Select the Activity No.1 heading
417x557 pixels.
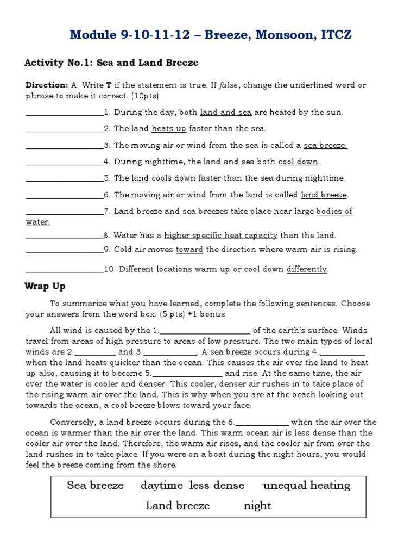[x=111, y=63]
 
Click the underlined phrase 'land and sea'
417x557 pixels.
[x=226, y=113]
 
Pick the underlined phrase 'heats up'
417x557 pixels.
[x=169, y=129]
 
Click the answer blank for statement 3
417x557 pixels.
[x=65, y=146]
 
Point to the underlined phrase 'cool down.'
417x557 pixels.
[x=300, y=162]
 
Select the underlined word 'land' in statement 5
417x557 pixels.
[x=140, y=178]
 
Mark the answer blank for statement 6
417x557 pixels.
[x=65, y=195]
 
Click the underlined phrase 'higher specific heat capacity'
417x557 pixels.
[x=221, y=236]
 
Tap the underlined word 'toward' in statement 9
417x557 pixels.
[x=189, y=250]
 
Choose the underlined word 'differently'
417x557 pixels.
[x=307, y=269]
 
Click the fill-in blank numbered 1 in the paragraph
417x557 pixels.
[x=206, y=331]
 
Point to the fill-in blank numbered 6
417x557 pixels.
[x=263, y=423]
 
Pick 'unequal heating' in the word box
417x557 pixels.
[x=307, y=486]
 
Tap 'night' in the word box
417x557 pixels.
[x=257, y=506]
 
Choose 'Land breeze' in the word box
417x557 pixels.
[x=178, y=506]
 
